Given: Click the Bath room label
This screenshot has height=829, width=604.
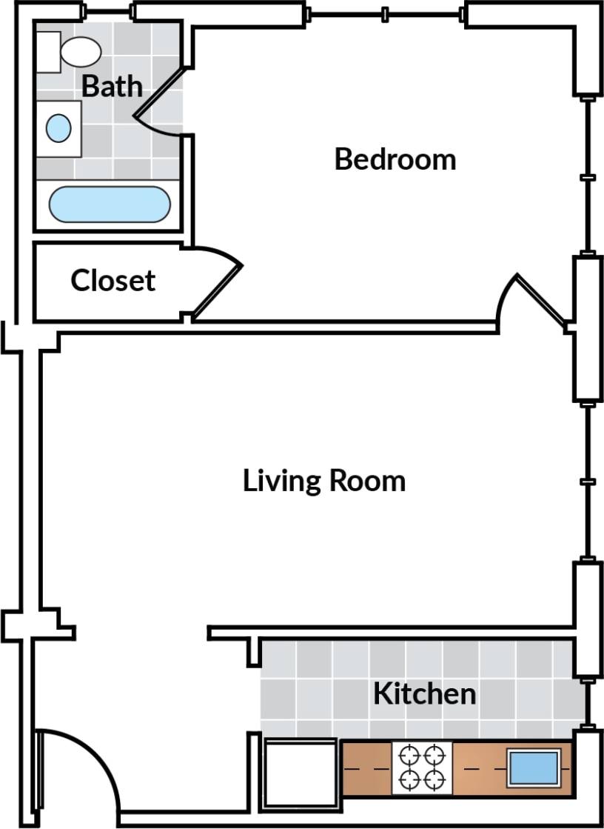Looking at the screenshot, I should click(111, 86).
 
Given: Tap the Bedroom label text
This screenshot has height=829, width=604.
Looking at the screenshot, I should click(395, 159).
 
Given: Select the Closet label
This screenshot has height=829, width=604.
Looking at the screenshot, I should click(113, 281).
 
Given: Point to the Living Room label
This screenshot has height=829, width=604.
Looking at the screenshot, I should click(324, 481).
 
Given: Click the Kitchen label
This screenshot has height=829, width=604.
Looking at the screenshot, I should click(424, 694).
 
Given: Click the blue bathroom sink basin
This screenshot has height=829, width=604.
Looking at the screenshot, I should click(58, 129).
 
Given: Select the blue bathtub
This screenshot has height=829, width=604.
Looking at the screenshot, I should click(110, 204).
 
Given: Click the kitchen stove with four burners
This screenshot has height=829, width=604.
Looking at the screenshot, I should click(421, 768).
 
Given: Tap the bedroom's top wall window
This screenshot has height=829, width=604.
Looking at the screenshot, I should click(385, 13).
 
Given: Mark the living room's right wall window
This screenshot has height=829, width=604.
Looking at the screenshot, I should click(588, 482).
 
